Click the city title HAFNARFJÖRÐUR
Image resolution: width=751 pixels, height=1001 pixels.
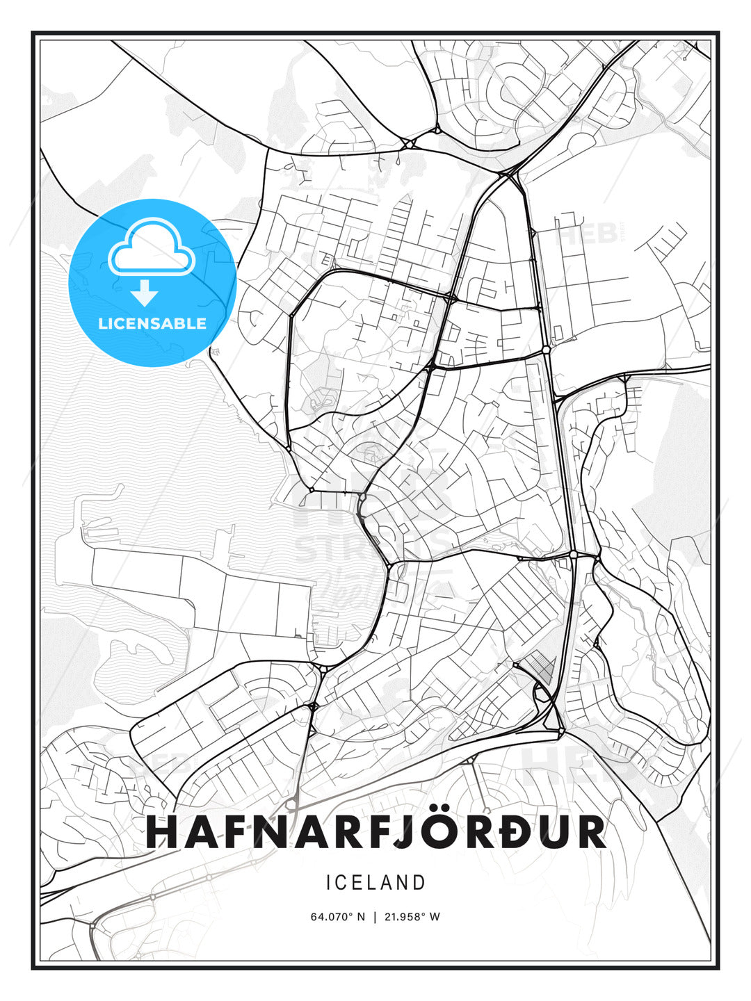click(375, 832)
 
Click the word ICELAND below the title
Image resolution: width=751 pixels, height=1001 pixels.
click(375, 883)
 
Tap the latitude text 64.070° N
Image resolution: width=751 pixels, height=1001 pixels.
click(337, 916)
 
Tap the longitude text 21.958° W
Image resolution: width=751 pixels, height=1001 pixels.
click(412, 916)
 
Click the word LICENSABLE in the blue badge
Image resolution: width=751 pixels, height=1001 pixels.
click(152, 323)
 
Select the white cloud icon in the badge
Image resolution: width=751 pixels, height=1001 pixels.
click(150, 246)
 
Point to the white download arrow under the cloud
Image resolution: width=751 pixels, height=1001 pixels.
click(145, 293)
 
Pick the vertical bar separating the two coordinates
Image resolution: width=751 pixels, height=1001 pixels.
click(375, 916)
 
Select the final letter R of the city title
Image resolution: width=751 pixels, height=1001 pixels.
click(590, 832)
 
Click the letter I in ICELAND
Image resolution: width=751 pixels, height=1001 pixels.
click(328, 883)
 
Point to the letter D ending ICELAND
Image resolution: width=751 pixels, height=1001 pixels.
click(419, 883)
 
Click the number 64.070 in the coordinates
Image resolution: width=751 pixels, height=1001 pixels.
click(330, 916)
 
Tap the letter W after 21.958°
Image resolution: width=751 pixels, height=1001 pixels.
click(435, 916)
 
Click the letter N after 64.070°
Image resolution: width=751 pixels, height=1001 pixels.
click(360, 916)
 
